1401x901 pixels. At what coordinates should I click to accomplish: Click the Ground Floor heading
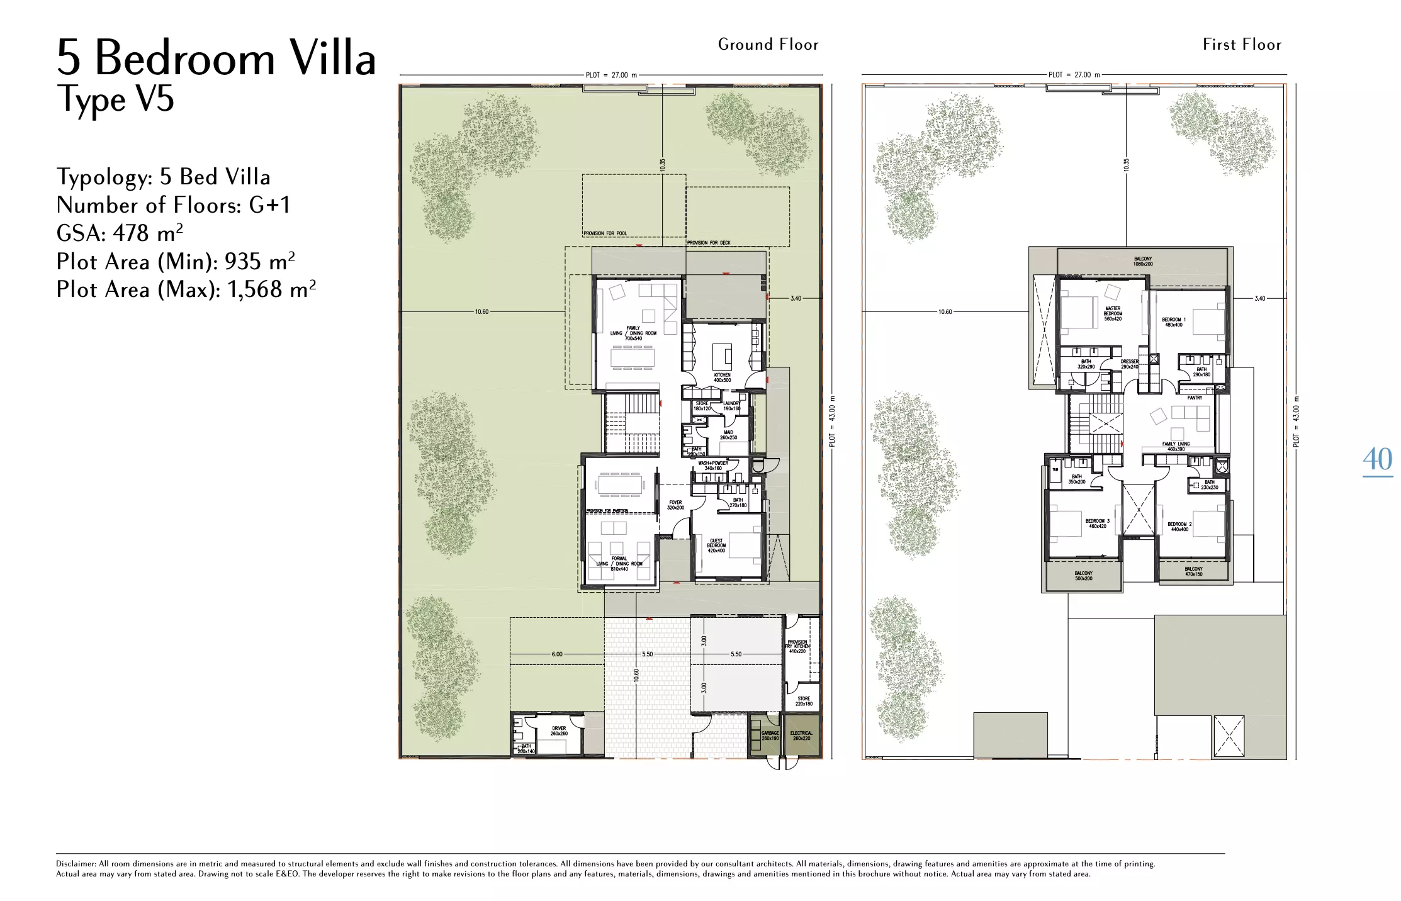(x=768, y=45)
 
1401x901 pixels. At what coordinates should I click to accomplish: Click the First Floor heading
(x=1242, y=45)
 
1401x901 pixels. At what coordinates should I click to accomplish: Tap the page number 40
(x=1377, y=459)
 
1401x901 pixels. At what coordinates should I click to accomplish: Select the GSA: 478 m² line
(x=120, y=233)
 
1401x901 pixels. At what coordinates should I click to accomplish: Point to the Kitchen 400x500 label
(x=722, y=378)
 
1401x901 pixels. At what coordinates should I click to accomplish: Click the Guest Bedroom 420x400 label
(x=716, y=546)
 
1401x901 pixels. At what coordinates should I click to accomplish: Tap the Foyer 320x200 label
(x=675, y=505)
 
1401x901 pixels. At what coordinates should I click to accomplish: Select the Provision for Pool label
(x=605, y=233)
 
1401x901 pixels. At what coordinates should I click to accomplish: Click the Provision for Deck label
(x=709, y=243)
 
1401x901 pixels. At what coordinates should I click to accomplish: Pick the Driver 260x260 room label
(x=559, y=730)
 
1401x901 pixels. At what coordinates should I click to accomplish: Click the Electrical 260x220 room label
(x=801, y=736)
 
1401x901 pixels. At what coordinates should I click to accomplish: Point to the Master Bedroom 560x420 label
(x=1113, y=313)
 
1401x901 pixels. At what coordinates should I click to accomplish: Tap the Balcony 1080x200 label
(x=1143, y=261)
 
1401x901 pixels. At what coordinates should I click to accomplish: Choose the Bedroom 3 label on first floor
(x=1098, y=523)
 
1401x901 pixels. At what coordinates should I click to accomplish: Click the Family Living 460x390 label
(x=1176, y=446)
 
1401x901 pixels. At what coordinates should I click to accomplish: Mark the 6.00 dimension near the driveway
(x=557, y=654)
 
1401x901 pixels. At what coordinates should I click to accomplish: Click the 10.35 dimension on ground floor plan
(x=662, y=165)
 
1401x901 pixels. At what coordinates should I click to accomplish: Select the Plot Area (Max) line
(x=186, y=289)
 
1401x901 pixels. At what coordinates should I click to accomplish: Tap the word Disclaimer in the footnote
(x=76, y=864)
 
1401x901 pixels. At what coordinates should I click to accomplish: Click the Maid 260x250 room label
(x=728, y=435)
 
